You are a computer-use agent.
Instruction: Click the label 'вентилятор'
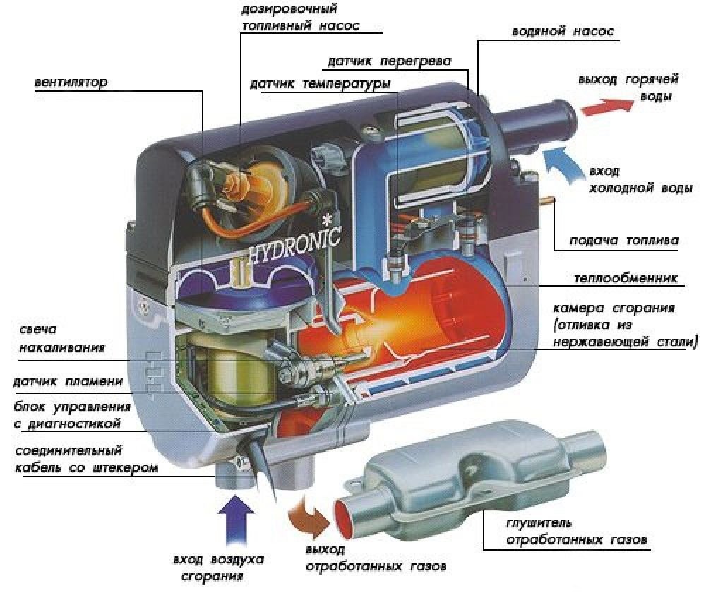coord(71,82)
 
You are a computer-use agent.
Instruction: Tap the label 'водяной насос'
coord(562,32)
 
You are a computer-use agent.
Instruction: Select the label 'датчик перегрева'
coord(388,61)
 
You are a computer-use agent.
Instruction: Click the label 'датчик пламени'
coord(68,381)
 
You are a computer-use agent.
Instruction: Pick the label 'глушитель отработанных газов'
coord(575,532)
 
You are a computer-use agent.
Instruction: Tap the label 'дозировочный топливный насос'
coord(300,18)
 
